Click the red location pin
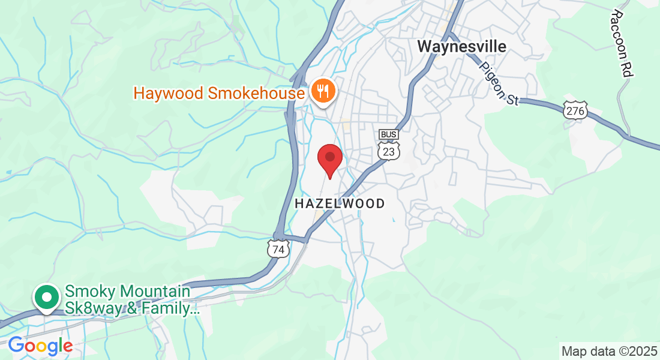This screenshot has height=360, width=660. tap(329, 158)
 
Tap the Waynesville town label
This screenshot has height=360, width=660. tap(461, 46)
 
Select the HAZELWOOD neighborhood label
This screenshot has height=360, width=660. tap(340, 204)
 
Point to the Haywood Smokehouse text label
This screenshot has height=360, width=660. tap(219, 94)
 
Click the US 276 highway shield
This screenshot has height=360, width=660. tap(575, 110)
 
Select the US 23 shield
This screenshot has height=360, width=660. tap(389, 151)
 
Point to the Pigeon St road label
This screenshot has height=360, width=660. tap(499, 83)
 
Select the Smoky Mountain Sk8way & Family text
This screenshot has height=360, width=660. tap(131, 301)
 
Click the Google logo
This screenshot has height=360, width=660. tap(40, 346)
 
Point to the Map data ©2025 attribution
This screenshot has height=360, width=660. tap(608, 350)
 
